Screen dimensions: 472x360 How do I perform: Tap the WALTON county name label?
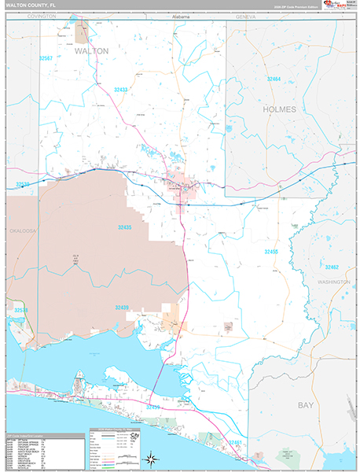[x=92, y=50]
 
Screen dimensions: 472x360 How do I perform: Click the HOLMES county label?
[x=280, y=109]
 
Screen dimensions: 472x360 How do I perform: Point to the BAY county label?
[x=305, y=404]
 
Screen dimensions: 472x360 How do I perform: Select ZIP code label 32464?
[x=274, y=79]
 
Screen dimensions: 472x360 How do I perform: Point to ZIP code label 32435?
[x=126, y=227]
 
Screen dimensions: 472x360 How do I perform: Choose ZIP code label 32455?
[x=271, y=251]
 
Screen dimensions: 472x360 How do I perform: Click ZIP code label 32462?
[x=332, y=267]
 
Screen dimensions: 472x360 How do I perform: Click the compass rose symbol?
[x=149, y=456]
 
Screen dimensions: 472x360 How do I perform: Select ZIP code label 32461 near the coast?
[x=236, y=443]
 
